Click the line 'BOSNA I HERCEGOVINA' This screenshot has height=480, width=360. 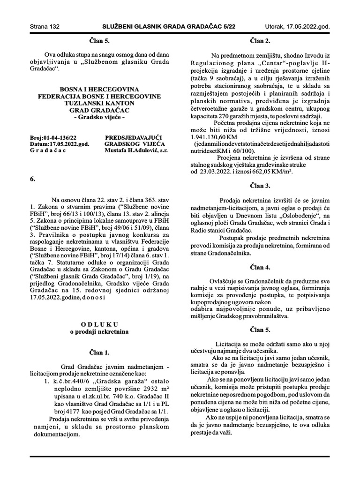tap(99, 89)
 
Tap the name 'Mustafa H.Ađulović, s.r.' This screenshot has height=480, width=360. tap(136, 150)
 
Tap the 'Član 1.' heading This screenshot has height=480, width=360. tap(99, 352)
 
